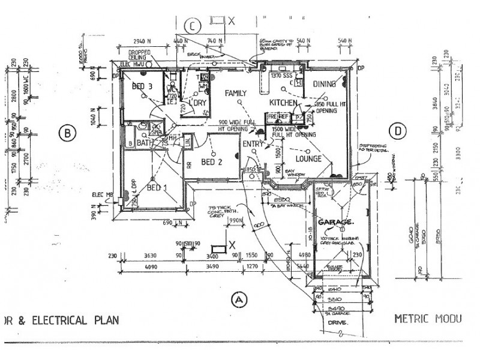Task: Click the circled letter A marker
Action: point(239,298)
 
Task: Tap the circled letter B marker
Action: point(67,132)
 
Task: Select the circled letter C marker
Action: point(192,26)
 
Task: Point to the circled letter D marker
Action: point(397,131)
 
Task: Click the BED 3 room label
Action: point(142,87)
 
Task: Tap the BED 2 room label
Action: point(212,161)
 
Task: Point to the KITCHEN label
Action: point(283,103)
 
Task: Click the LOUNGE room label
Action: point(308,159)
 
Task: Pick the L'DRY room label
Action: point(197,103)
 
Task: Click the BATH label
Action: point(143,144)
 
